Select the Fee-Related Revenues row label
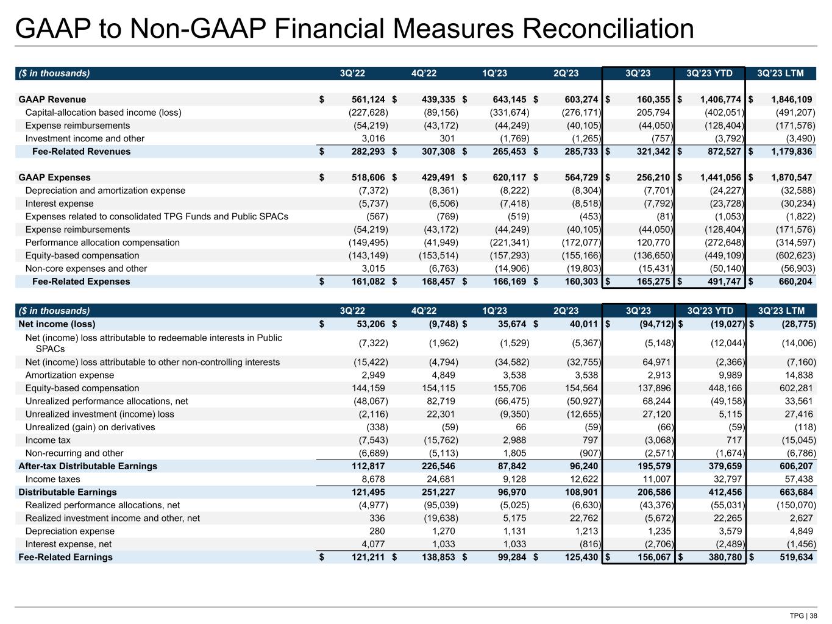(81, 151)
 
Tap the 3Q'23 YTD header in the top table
(709, 74)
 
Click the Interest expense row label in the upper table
(59, 204)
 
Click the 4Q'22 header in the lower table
(424, 310)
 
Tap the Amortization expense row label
(69, 375)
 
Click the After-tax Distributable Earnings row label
(88, 466)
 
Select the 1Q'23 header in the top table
(494, 74)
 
